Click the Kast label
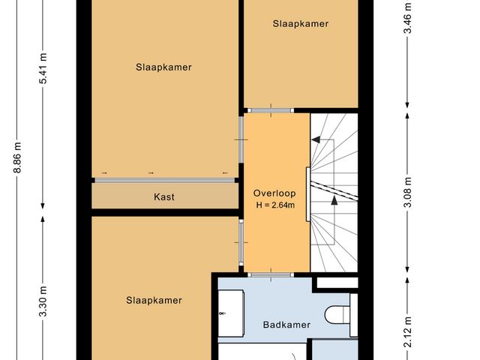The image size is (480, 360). click(164, 196)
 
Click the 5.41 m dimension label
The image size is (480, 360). click(43, 67)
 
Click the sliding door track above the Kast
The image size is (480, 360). click(164, 179)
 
